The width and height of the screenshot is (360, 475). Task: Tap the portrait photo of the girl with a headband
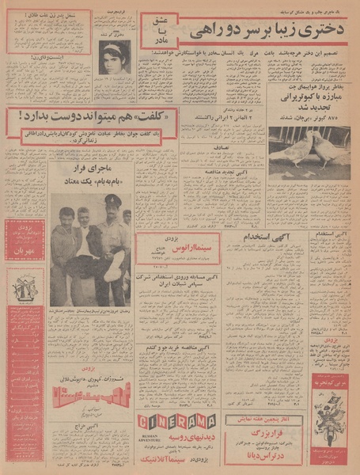click(x=115, y=57)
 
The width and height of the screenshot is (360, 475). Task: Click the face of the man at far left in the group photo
click(x=63, y=218)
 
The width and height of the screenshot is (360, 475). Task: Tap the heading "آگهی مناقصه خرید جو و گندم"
click(x=165, y=347)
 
